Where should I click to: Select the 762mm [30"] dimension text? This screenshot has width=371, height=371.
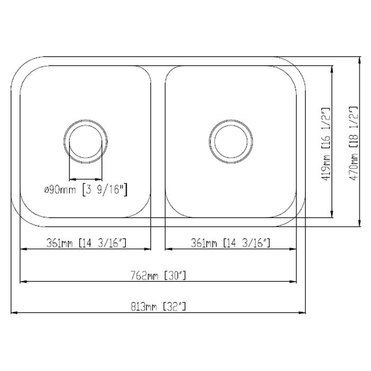[x=158, y=276]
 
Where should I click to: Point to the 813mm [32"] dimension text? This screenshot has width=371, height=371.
[x=158, y=306]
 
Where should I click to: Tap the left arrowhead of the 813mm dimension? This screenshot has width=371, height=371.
[x=14, y=312]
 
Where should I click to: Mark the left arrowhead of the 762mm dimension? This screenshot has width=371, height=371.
[x=23, y=281]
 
